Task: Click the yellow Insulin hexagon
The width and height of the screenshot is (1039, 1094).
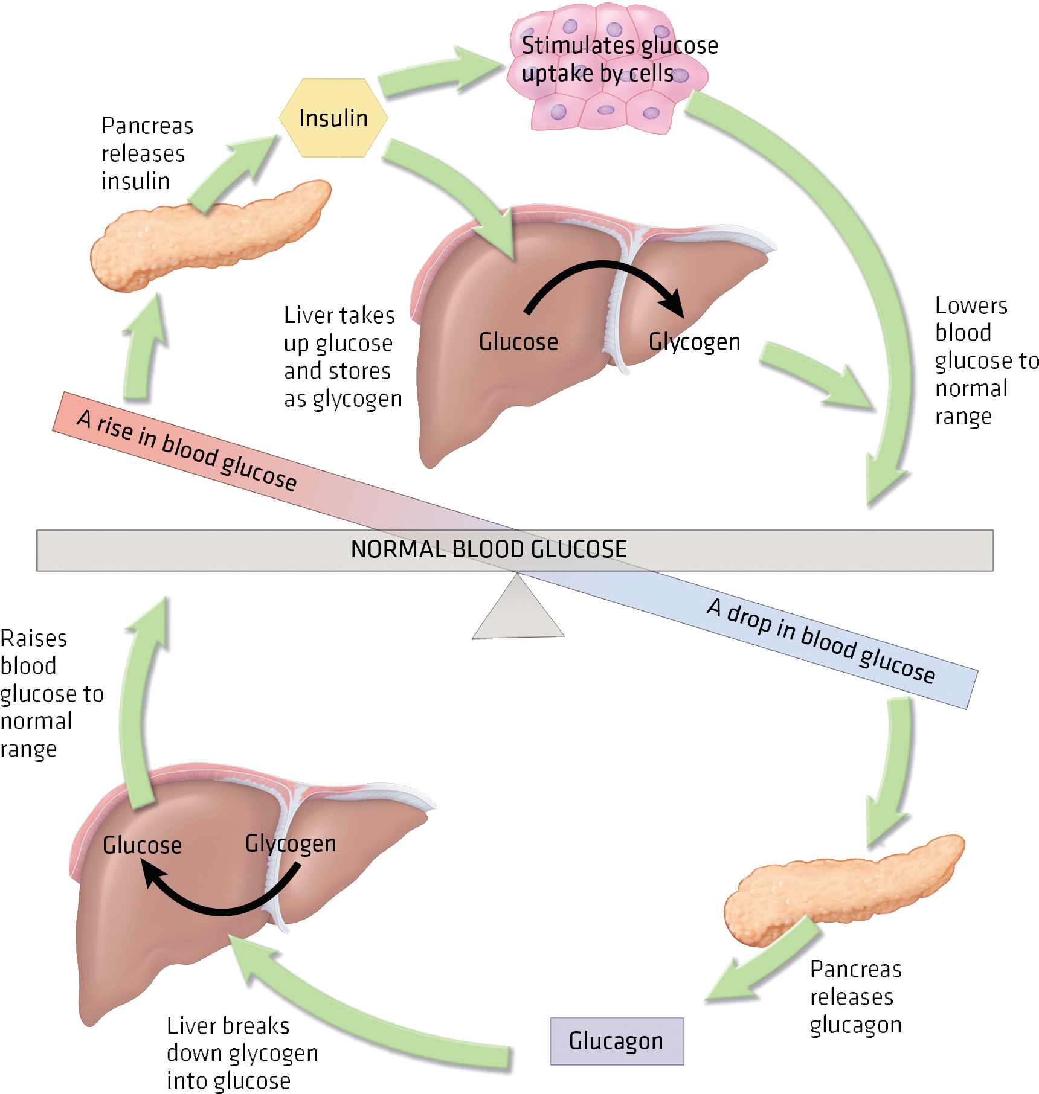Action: [333, 118]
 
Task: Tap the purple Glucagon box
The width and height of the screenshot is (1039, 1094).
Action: [616, 1041]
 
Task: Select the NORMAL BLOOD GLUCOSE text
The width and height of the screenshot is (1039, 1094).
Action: [489, 549]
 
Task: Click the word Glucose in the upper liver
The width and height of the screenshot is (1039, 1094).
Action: [518, 342]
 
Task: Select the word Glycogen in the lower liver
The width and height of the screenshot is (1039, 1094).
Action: [290, 844]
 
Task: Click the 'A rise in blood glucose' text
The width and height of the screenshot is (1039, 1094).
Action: [187, 450]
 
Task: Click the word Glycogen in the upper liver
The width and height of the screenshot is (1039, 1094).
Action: [693, 342]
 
